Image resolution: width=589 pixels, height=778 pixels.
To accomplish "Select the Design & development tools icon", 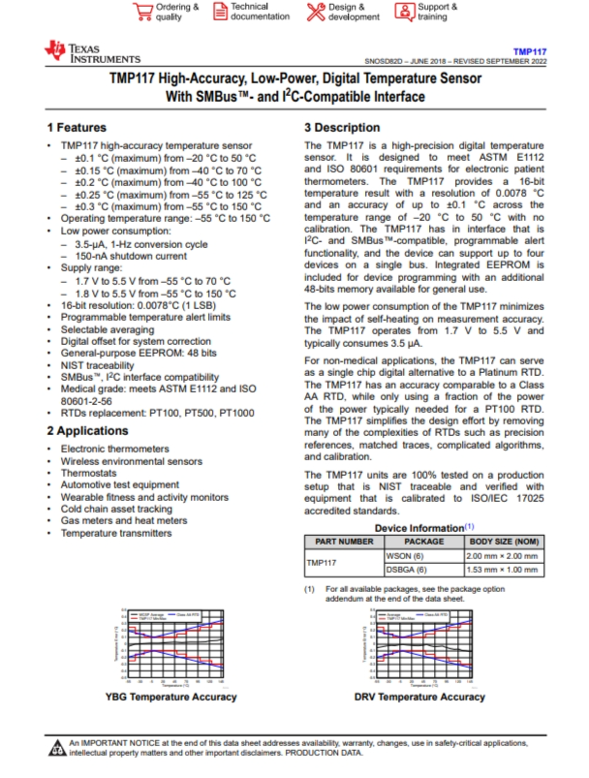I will click(x=316, y=11).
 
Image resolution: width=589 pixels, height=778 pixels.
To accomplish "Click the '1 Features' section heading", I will click(x=77, y=128).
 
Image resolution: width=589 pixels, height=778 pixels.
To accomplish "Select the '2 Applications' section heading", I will click(x=86, y=430).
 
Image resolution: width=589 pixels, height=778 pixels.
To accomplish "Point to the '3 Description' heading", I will click(x=342, y=128).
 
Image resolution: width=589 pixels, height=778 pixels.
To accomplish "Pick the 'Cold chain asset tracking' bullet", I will click(x=116, y=509).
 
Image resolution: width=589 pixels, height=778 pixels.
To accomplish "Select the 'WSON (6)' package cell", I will click(x=408, y=556).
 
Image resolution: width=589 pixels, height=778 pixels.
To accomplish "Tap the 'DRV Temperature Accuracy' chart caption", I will click(x=419, y=697).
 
